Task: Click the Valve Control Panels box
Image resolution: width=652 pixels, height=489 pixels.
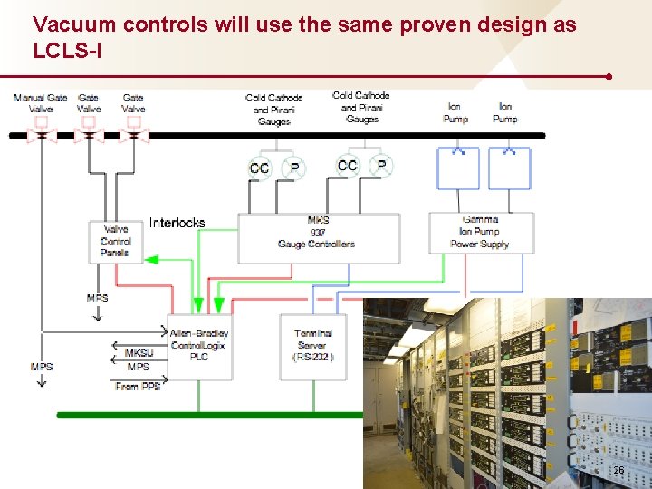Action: pos(115,241)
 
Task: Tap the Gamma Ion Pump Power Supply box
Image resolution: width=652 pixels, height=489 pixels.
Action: pos(480,233)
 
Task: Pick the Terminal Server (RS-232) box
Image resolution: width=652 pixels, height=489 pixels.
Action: pos(313,345)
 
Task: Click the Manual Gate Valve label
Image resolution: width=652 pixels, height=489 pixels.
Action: pos(40,102)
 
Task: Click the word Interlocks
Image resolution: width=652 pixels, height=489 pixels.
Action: pos(177,223)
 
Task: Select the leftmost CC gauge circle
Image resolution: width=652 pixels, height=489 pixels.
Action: pos(260,168)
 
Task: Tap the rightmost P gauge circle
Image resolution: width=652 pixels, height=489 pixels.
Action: pos(382,165)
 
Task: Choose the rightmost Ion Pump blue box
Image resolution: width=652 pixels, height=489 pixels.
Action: pos(509,168)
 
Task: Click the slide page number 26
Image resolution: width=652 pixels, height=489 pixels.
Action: pos(619,472)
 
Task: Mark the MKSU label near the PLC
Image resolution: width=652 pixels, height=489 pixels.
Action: pos(139,353)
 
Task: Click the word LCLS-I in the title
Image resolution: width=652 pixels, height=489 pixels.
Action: pos(67,52)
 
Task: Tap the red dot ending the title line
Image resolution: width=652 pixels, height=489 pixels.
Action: pos(609,77)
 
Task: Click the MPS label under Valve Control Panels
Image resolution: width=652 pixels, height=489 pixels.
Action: pos(97,298)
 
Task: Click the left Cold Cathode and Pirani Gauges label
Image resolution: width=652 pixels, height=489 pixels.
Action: pos(273,110)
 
